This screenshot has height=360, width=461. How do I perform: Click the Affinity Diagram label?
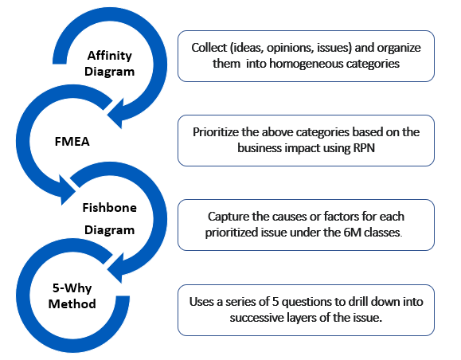click(109, 63)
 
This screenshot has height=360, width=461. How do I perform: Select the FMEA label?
click(72, 142)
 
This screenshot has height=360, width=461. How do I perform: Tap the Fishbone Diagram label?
click(109, 218)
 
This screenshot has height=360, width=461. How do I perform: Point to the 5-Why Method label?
click(72, 295)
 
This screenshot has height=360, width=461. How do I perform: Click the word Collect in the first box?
click(209, 48)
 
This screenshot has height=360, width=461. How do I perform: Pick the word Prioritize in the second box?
click(216, 132)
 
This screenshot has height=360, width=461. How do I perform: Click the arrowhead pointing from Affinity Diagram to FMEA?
click(115, 114)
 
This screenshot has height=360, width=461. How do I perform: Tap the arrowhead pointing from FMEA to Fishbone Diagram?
click(68, 190)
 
